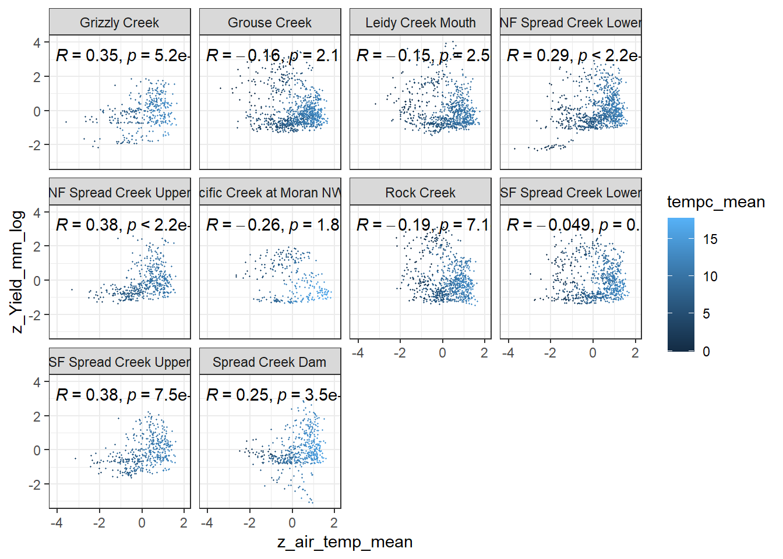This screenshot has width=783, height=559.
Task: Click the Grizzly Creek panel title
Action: tap(119, 23)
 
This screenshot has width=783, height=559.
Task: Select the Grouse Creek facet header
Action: tap(270, 23)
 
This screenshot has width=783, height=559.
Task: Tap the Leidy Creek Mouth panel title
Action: tap(420, 23)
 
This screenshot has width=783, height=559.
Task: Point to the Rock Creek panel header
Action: tap(420, 193)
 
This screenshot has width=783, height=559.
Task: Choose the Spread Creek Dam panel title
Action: tap(270, 362)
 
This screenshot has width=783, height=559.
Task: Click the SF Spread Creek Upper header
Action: tap(119, 362)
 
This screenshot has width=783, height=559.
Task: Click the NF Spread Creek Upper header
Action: tap(119, 193)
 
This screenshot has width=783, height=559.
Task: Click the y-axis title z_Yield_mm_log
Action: tap(17, 272)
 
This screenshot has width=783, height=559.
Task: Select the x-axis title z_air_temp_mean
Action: tap(345, 542)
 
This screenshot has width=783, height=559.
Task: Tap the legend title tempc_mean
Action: tap(715, 202)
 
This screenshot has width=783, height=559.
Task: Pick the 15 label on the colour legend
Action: tap(710, 239)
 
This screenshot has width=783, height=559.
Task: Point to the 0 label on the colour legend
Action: tap(706, 352)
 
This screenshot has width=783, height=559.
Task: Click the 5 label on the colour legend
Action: tap(706, 314)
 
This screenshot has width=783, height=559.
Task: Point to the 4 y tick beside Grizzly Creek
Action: tap(37, 43)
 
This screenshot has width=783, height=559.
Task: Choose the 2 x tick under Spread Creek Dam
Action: tap(334, 523)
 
